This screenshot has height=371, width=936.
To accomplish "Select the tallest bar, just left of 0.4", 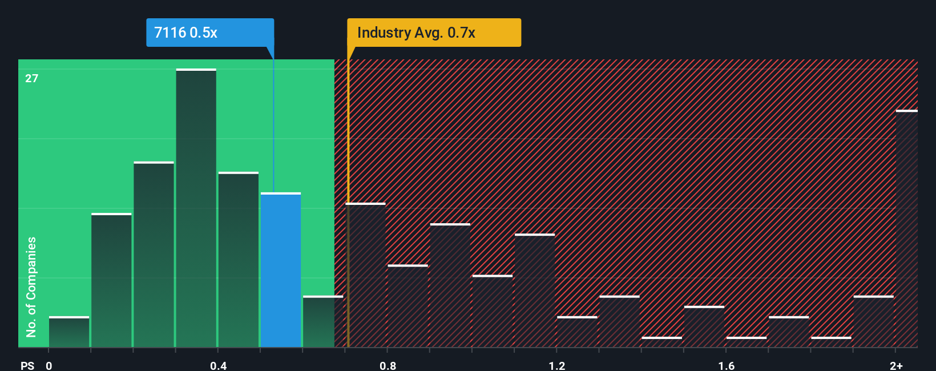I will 196,208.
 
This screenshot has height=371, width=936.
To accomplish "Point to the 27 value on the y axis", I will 32,78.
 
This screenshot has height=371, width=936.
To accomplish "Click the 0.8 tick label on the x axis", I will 388,365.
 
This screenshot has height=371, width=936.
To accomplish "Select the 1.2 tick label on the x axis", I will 557,365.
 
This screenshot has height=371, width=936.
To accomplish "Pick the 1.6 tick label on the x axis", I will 726,365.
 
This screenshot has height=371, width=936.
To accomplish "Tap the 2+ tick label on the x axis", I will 896,365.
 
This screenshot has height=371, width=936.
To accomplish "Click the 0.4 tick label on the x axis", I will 218,365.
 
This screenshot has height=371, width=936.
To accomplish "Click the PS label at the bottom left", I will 27,365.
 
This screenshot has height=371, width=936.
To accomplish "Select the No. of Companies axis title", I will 31,287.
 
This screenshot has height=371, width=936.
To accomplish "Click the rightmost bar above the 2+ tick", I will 906,228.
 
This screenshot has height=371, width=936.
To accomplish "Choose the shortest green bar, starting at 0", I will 69,332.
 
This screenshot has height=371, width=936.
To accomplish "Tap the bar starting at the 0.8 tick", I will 408,306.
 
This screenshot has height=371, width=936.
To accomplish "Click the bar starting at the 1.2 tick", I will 577,332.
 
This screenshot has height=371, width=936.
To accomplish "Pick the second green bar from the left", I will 111,280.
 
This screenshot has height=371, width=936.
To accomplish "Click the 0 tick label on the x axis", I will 49,365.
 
